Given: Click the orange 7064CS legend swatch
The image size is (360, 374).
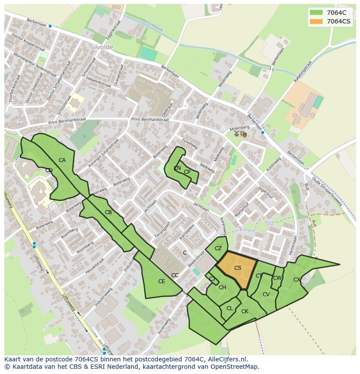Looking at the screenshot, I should click(x=316, y=21).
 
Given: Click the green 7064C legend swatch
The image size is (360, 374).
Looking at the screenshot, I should click(x=316, y=13).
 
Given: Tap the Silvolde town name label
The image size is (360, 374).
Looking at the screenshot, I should click(x=101, y=47).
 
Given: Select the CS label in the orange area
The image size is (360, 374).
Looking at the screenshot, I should click(x=237, y=268).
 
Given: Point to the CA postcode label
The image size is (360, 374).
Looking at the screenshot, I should click(x=62, y=160).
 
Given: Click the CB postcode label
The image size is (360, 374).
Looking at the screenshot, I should click(x=108, y=212).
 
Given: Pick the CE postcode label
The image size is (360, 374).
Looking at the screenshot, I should click(x=161, y=281).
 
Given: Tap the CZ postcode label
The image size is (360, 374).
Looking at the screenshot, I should click(x=218, y=248).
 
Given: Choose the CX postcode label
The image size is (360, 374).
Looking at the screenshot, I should click(x=297, y=280).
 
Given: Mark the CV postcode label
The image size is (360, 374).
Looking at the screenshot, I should click(x=266, y=295).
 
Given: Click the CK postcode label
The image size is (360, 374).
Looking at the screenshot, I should click(x=244, y=311).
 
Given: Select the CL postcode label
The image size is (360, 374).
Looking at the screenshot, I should click(x=230, y=308).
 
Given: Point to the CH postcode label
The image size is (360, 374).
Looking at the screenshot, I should click(x=222, y=288).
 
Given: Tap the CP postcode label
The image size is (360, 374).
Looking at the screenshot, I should click(x=187, y=172).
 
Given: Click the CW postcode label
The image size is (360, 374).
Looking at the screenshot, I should click(x=277, y=278).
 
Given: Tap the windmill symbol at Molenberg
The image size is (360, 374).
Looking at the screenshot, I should click(x=237, y=134).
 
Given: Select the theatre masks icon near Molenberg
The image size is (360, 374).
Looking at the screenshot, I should click(x=243, y=134).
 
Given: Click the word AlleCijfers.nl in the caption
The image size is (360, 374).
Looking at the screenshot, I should click(x=226, y=359).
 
